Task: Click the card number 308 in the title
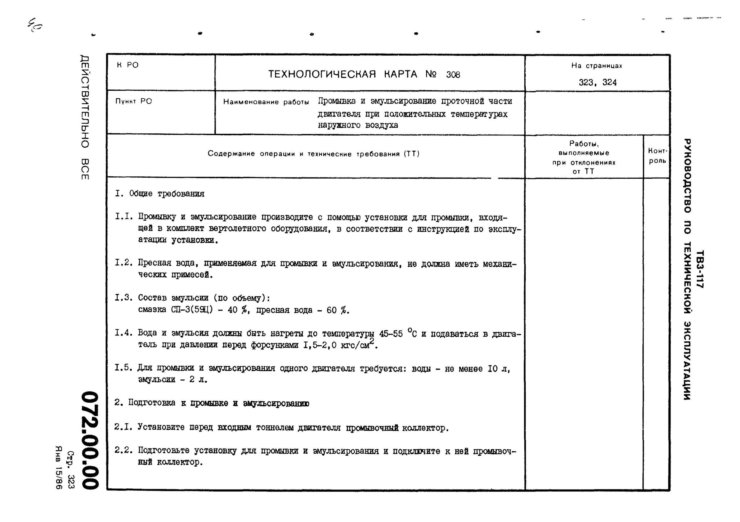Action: (x=453, y=75)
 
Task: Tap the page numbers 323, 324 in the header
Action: (x=597, y=83)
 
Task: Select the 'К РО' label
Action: (x=128, y=65)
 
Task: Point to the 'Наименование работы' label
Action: (x=266, y=102)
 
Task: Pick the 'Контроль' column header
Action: (x=657, y=156)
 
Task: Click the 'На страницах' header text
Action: (x=597, y=66)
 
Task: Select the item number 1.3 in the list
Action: (x=124, y=297)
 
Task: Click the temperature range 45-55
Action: (x=390, y=334)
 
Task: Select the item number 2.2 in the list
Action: (x=124, y=450)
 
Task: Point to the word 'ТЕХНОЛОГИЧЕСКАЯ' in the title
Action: (x=322, y=75)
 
